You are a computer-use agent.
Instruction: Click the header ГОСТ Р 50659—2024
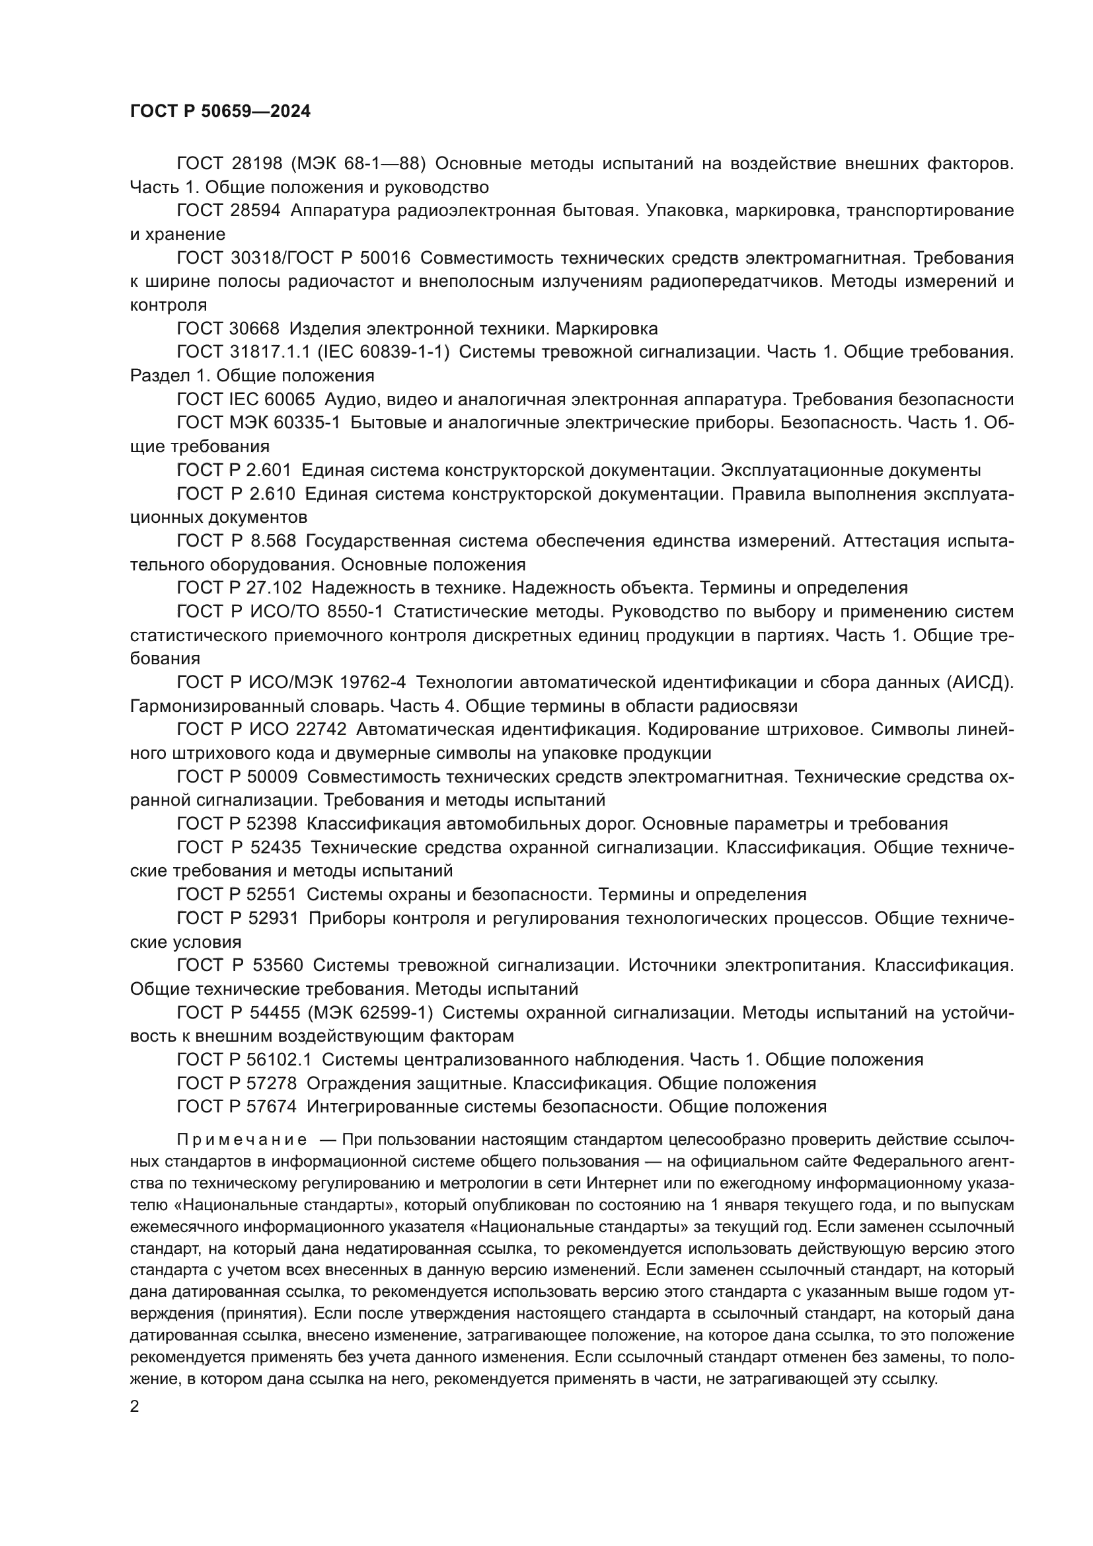click(220, 112)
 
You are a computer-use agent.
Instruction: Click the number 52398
click(274, 824)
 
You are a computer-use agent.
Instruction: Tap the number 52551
click(274, 894)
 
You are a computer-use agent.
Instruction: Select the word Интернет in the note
click(616, 1183)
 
